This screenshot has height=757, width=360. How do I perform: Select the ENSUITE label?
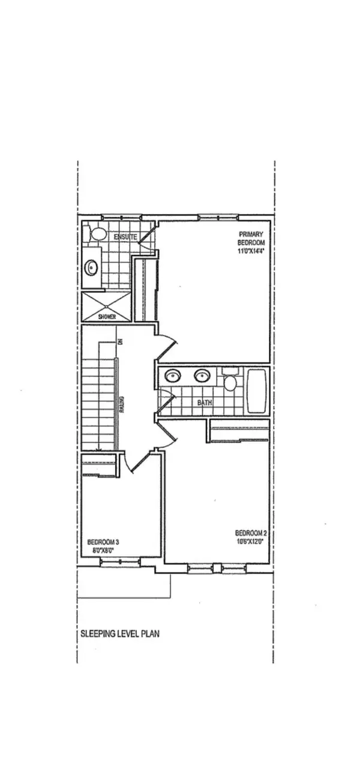point(125,238)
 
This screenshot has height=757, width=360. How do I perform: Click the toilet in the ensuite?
point(95,233)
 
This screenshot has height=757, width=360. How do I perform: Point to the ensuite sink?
point(91,266)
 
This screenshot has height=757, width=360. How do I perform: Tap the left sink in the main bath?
point(173,376)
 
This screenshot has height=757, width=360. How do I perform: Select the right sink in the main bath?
point(201,376)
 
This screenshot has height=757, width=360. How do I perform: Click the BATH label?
point(205,403)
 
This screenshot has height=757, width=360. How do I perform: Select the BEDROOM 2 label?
point(248,533)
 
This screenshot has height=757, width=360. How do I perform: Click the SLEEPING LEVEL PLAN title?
point(120,633)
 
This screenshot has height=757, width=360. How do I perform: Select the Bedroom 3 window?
point(120,562)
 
